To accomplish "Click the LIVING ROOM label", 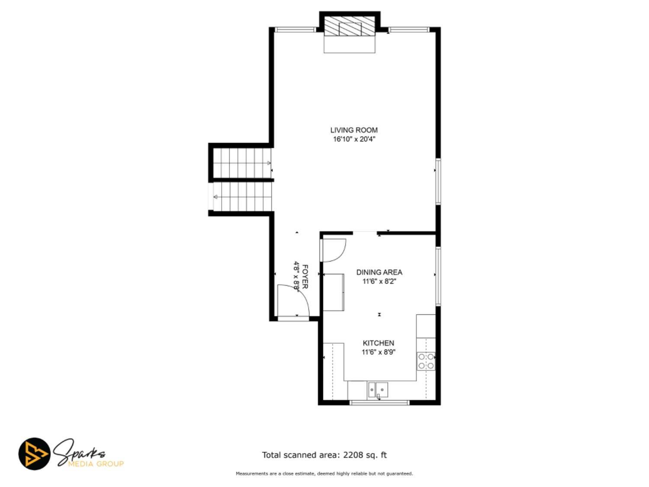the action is click(x=353, y=130).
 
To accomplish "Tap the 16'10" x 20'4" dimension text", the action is click(x=353, y=139).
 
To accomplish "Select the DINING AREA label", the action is click(x=379, y=272).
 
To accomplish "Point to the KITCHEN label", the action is click(x=378, y=343).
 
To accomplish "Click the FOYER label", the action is click(x=305, y=277).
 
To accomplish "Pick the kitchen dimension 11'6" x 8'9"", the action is click(x=378, y=352).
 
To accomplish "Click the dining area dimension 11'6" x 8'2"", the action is click(x=379, y=281).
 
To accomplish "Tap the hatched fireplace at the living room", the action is click(x=350, y=26).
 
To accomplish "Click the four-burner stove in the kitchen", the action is click(x=426, y=361).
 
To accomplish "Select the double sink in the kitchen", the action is click(x=378, y=390).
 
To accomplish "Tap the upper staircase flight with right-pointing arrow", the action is click(x=242, y=163).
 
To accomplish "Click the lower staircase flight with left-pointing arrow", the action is click(x=242, y=197).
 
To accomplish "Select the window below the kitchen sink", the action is click(x=379, y=403).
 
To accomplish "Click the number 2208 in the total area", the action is click(x=353, y=455).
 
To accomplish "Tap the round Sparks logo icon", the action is click(x=34, y=454).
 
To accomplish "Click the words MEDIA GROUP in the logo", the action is click(x=96, y=464).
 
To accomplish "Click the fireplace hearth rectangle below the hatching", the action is click(x=350, y=45).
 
